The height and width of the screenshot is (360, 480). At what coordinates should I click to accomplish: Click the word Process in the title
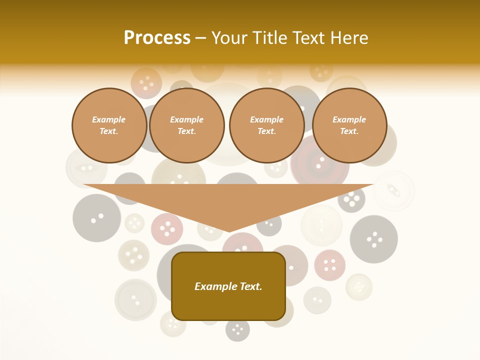[157, 38]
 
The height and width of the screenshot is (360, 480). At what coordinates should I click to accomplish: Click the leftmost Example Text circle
[109, 125]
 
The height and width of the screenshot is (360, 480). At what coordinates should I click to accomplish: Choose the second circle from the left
[187, 125]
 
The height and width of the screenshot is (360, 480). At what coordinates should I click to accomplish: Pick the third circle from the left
[266, 125]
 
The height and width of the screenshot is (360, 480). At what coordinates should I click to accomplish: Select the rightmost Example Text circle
[349, 125]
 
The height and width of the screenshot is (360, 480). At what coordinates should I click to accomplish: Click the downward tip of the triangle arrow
[229, 231]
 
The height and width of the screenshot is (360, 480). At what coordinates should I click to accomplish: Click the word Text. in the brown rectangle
[250, 286]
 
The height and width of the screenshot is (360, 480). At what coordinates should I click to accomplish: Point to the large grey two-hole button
[96, 218]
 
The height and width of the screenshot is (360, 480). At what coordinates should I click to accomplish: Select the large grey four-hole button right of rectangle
[373, 239]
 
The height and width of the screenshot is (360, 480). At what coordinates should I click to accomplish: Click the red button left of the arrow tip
[166, 229]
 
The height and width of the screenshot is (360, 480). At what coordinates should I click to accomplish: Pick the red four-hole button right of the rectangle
[329, 265]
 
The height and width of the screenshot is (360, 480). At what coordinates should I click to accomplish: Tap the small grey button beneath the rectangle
[237, 329]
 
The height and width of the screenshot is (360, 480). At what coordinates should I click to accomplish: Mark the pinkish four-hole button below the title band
[146, 83]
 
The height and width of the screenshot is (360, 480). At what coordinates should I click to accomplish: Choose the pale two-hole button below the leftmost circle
[86, 167]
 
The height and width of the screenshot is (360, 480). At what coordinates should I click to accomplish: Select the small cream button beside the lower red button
[358, 287]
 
